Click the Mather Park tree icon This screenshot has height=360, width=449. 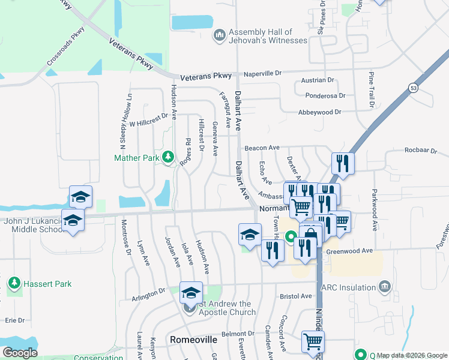click(x=169, y=158)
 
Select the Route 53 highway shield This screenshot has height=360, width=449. click(x=413, y=88)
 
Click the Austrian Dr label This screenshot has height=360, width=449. click(x=318, y=80)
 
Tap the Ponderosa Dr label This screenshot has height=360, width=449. click(x=325, y=95)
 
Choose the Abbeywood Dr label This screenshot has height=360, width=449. click(x=319, y=112)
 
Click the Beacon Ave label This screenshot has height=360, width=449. click(x=262, y=148)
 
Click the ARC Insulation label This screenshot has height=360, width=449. click(x=349, y=287)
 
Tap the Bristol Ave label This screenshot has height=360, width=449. click(x=295, y=296)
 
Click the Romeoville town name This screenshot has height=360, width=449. click(x=193, y=340)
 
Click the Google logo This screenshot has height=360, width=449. click(x=20, y=353)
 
